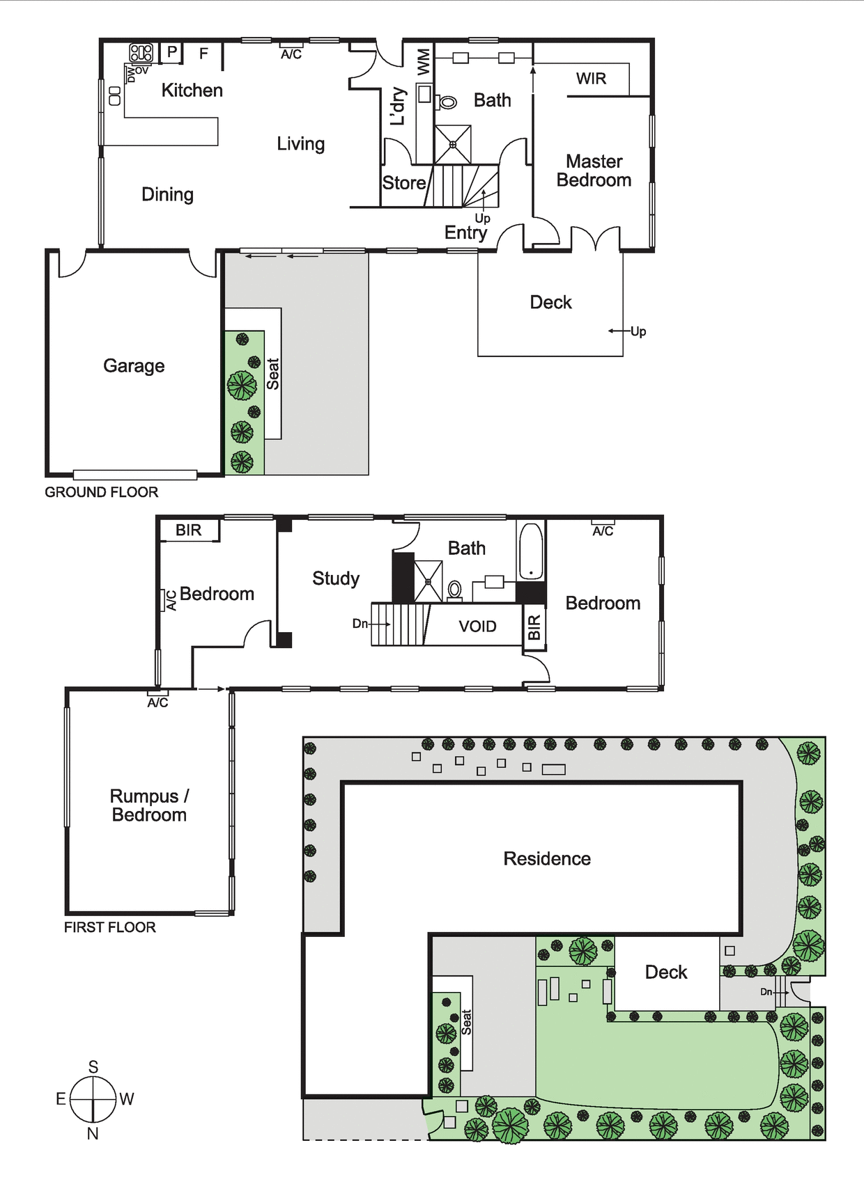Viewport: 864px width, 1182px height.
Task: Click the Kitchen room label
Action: point(192,90)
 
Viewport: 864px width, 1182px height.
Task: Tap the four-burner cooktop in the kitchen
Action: point(141,53)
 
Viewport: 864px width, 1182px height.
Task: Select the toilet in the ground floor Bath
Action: point(447,102)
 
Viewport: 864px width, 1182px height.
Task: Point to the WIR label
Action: point(591,79)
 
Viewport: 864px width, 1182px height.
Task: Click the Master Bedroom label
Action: point(594,171)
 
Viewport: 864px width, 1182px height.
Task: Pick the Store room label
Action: point(404,182)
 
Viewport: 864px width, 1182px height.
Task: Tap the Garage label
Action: point(134,365)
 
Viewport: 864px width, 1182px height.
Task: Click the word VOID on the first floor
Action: point(477,627)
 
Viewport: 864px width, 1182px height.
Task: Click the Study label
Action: point(336,579)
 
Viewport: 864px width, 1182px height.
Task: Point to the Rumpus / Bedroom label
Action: point(149,805)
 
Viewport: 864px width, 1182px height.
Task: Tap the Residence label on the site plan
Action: point(547,858)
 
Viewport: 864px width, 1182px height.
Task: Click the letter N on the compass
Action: point(93,1133)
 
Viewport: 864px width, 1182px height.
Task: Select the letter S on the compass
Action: point(93,1067)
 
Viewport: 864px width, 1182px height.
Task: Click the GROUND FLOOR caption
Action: point(102,492)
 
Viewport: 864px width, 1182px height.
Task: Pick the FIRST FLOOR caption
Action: point(110,927)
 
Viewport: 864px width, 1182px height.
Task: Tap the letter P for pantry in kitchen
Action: point(171,52)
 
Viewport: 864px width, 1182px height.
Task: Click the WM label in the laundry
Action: point(424,62)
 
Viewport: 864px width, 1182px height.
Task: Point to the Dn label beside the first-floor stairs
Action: point(360,623)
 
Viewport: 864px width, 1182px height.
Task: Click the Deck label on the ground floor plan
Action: point(551,302)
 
